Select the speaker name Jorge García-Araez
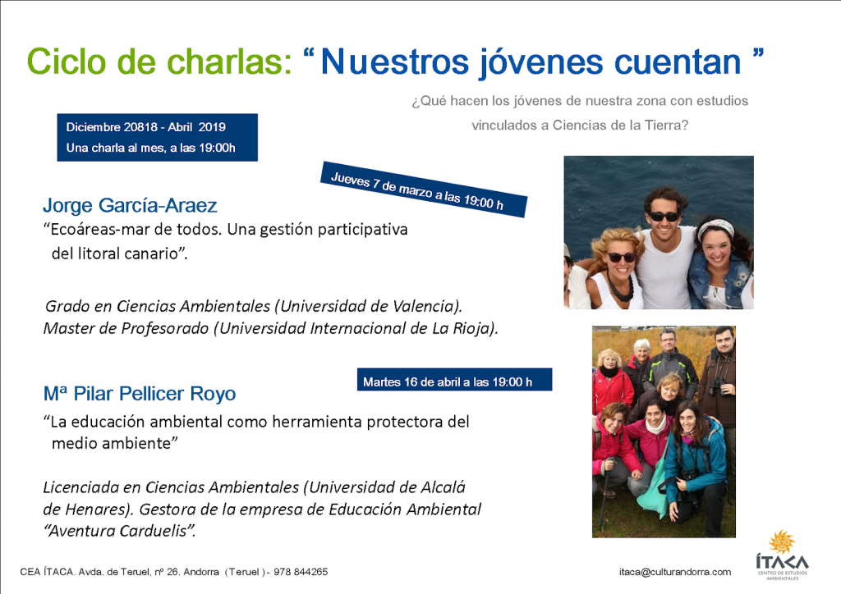130,205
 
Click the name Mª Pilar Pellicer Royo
140,394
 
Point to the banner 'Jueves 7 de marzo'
424,190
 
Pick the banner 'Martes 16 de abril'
454,380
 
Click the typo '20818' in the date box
140,127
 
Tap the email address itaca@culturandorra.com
675,572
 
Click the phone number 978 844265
301,572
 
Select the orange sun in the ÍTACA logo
782,541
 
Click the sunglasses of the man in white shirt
664,217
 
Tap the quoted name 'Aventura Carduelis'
119,531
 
